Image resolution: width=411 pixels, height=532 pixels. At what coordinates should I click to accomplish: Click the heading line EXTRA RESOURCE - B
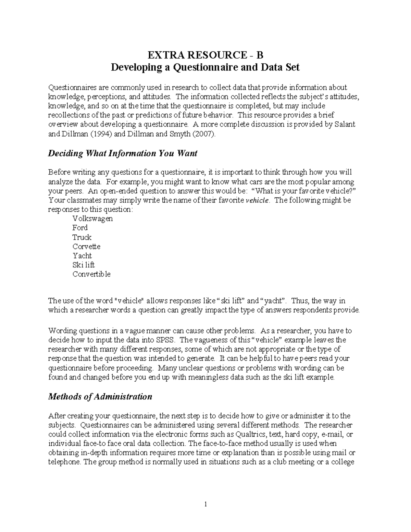click(205, 55)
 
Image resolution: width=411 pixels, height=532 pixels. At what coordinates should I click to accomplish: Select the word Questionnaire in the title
click(200, 67)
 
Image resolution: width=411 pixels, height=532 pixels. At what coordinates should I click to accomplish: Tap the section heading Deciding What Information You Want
click(123, 153)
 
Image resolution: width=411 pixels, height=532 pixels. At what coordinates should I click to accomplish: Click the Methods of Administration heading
click(100, 397)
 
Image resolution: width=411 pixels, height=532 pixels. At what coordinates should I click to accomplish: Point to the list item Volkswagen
click(92, 219)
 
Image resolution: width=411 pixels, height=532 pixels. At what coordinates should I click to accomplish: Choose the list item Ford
click(80, 228)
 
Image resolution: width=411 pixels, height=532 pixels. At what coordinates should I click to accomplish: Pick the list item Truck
click(82, 237)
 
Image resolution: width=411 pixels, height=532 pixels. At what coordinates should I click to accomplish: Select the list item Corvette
click(86, 246)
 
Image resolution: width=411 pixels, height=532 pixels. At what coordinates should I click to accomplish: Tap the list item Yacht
click(82, 256)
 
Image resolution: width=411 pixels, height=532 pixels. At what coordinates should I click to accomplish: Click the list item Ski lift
click(83, 265)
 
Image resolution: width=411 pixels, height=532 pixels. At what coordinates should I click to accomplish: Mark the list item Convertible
click(91, 274)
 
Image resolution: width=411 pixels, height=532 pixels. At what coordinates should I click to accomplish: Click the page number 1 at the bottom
click(206, 504)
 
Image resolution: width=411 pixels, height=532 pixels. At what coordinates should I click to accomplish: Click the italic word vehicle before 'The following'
click(258, 200)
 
